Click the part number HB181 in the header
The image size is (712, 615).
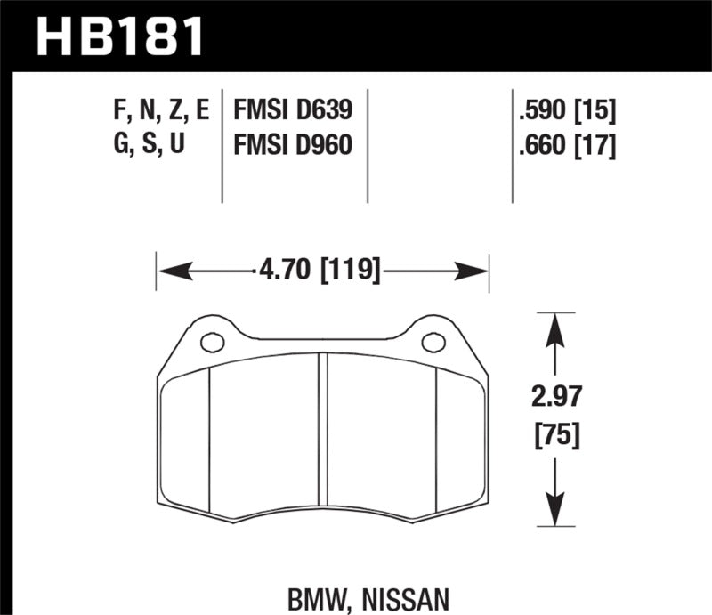120,36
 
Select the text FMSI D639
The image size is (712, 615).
293,111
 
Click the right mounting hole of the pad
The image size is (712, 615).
433,342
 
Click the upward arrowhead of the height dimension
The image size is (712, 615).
555,325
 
